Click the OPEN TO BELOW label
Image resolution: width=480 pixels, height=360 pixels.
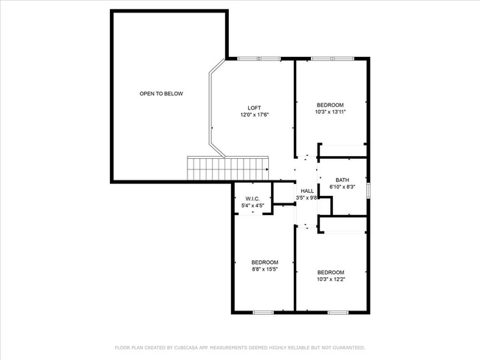(x=161, y=94)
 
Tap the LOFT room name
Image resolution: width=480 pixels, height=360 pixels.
(x=254, y=108)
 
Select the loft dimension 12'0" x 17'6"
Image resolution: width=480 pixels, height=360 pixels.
(x=254, y=115)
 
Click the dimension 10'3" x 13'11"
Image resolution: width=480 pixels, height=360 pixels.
(x=330, y=112)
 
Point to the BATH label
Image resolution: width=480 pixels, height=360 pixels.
(x=342, y=180)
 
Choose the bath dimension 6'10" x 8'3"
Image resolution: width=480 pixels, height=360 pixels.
(x=342, y=188)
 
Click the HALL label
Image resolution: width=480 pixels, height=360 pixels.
(x=306, y=191)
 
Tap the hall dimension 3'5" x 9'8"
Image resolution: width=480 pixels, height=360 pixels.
(x=306, y=198)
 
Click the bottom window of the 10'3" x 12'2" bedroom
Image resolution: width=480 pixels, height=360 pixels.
(x=337, y=312)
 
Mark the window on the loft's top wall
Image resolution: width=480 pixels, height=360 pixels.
(x=258, y=58)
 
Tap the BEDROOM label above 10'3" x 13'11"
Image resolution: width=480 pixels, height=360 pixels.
(x=330, y=105)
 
